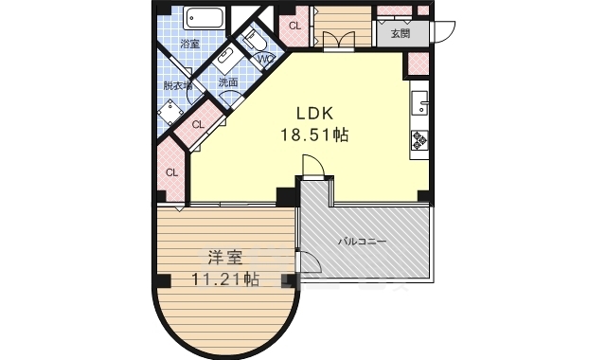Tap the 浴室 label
[189, 44]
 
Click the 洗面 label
[228, 82]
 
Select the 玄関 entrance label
[400, 34]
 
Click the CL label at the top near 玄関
[294, 27]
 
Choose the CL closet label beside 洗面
[200, 123]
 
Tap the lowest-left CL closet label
[172, 172]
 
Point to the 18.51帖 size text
[313, 135]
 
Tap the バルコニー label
[364, 243]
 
